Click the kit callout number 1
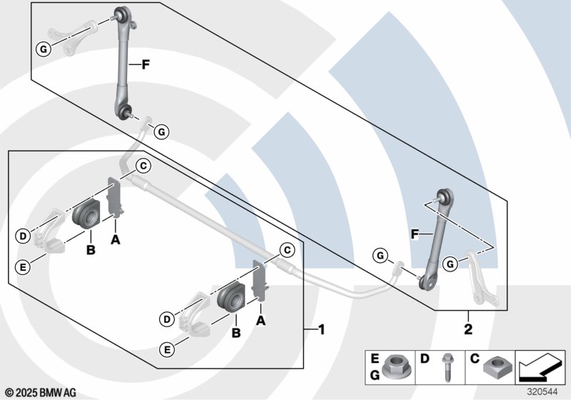pos(321,330)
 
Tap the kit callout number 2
pos(469,331)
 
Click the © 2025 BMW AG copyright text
pos(40,392)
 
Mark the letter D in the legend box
pos(425,357)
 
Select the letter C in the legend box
pos(474,357)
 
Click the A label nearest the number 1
pos(261,321)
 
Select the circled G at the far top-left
pos(43,49)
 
